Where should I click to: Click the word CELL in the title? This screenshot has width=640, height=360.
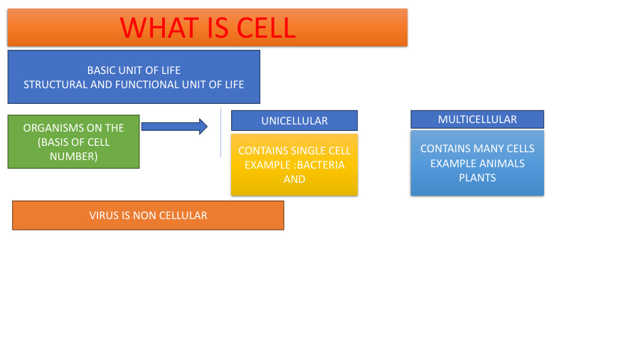coord(266,28)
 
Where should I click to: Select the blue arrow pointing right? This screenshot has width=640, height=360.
coord(174,127)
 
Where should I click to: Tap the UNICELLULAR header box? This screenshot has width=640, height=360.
coord(294,121)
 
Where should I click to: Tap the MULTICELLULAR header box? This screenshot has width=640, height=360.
coord(477,120)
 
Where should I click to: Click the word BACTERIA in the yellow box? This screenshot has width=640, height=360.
coord(321,165)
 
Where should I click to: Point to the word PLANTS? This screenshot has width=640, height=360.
coord(477,178)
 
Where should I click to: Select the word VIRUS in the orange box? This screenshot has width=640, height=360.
coord(104,216)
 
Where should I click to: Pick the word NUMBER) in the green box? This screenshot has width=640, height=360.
coord(73,157)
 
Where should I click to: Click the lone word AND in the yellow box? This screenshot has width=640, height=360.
coord(294,179)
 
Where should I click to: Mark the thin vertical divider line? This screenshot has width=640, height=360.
coord(220,133)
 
